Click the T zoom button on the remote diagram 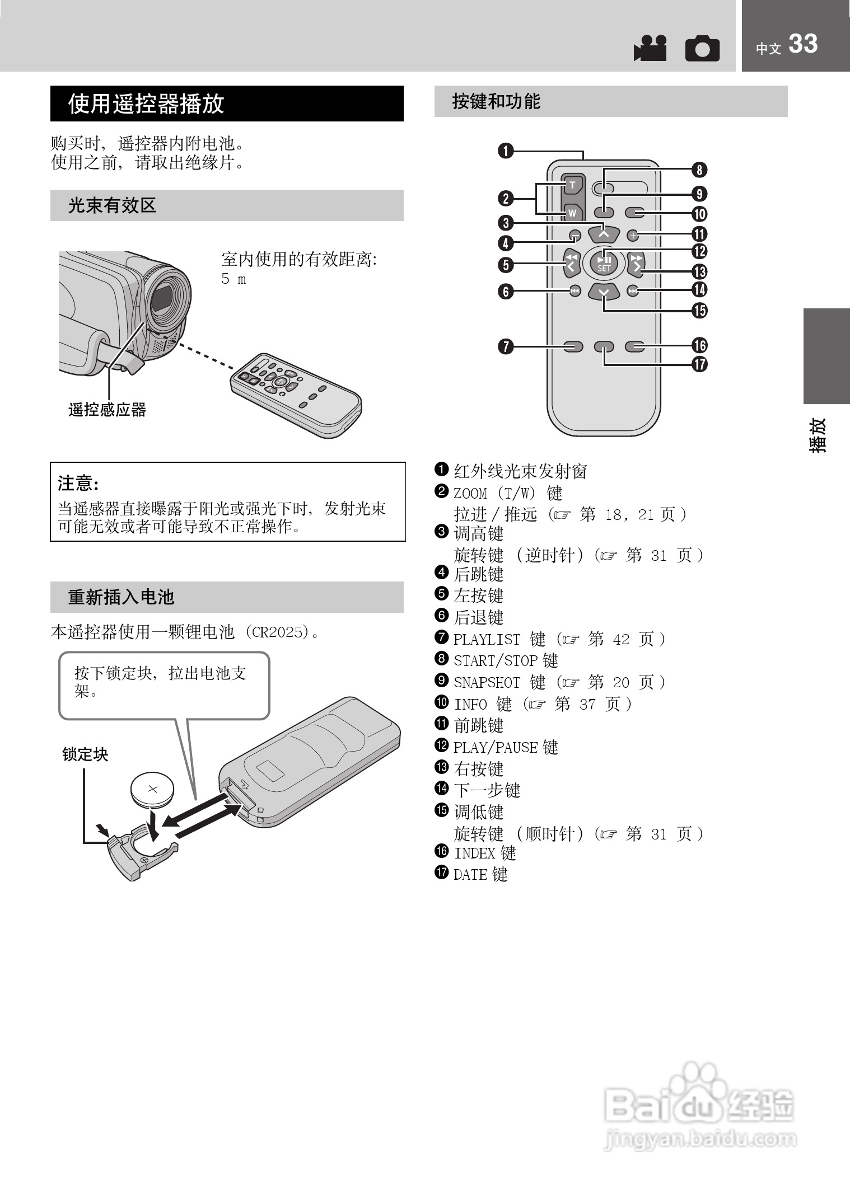(x=572, y=185)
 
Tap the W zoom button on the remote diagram (x=572, y=213)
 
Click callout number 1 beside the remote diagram (x=506, y=151)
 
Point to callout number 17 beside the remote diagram (x=699, y=365)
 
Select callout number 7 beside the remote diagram (x=506, y=346)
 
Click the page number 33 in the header (x=803, y=44)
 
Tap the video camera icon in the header (x=650, y=48)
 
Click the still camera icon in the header (x=702, y=49)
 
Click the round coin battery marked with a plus (x=152, y=789)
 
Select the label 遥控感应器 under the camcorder (x=107, y=410)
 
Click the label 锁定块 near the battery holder (x=85, y=754)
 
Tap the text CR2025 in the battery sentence (x=277, y=632)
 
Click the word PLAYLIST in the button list (x=487, y=639)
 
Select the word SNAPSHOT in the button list (x=487, y=683)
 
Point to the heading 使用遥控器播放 (x=146, y=104)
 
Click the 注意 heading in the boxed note (x=78, y=482)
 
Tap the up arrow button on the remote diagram (x=604, y=231)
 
